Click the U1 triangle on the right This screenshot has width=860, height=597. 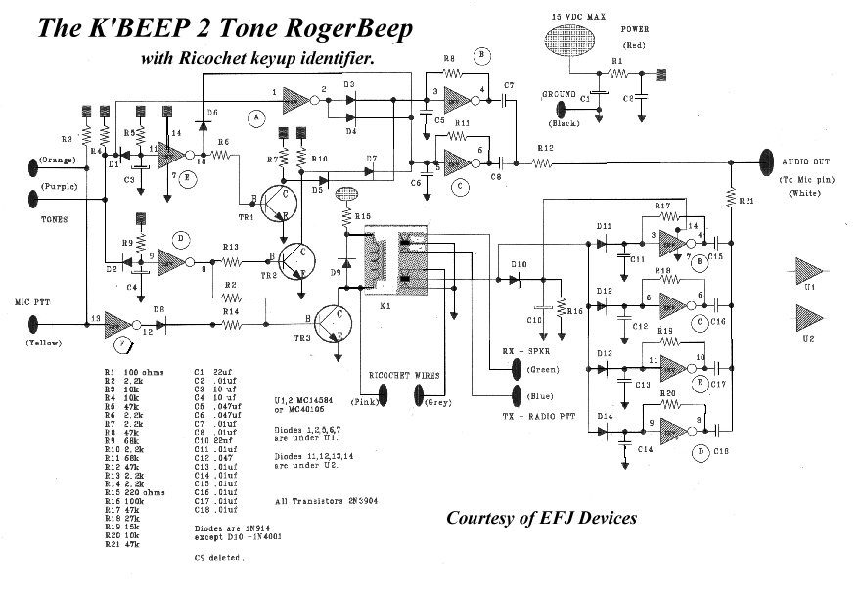[808, 270]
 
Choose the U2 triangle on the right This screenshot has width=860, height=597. [808, 317]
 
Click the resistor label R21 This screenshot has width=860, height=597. [747, 200]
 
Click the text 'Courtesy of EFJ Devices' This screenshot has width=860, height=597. [541, 517]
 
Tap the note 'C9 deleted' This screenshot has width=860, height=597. [219, 557]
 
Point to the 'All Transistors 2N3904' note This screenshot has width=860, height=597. [324, 500]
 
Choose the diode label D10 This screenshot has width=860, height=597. [518, 265]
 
